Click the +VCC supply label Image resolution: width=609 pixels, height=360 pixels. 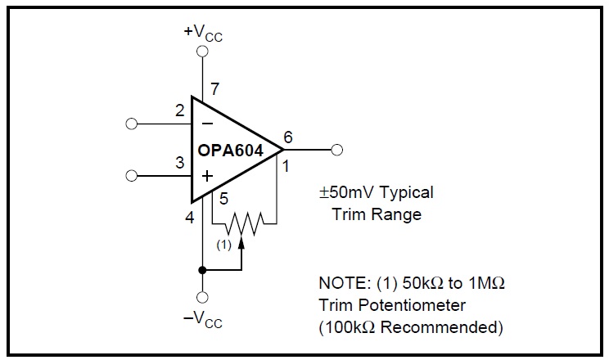click(x=202, y=33)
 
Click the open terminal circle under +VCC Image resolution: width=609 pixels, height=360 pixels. click(x=202, y=52)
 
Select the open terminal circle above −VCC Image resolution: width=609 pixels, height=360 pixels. click(x=202, y=297)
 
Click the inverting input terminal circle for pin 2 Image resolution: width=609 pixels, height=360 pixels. click(x=131, y=124)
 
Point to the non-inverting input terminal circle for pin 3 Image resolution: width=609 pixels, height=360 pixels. click(x=131, y=175)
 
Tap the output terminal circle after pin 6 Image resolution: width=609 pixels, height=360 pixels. click(x=336, y=150)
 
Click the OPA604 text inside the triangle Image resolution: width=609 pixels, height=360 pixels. click(x=230, y=151)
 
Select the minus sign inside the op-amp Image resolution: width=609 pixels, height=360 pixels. click(x=207, y=124)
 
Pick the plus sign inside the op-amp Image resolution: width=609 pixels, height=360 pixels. click(x=207, y=175)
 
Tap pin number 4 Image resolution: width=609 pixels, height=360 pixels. click(x=190, y=218)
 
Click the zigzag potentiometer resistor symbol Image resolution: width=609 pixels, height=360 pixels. click(x=243, y=221)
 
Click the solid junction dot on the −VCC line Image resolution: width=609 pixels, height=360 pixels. click(x=202, y=269)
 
